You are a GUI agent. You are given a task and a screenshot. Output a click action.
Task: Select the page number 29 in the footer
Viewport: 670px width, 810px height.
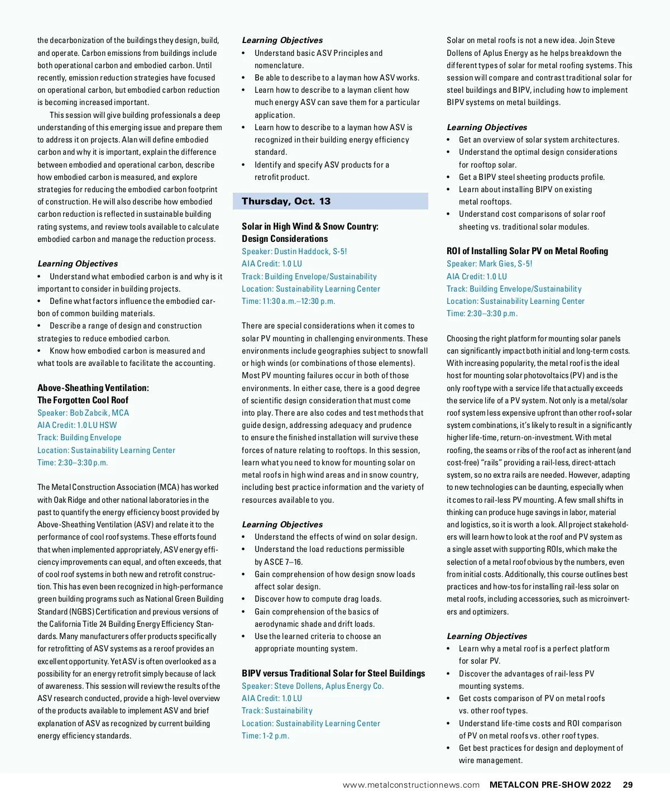[x=628, y=785]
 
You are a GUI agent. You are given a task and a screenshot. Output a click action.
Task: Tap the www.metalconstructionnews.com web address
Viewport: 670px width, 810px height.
[x=411, y=785]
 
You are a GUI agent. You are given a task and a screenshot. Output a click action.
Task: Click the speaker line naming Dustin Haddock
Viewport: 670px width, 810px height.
[x=294, y=251]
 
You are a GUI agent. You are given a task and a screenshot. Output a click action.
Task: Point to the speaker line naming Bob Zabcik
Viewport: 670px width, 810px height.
[x=83, y=413]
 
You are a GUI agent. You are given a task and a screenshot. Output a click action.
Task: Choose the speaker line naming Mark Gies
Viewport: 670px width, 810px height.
[x=489, y=264]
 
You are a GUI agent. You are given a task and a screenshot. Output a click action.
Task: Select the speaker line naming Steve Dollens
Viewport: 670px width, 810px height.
[x=313, y=686]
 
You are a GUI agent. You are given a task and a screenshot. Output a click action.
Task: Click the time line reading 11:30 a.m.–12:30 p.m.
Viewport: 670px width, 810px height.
[x=288, y=301]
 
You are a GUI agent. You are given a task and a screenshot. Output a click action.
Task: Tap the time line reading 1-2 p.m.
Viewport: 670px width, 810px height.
[x=265, y=736]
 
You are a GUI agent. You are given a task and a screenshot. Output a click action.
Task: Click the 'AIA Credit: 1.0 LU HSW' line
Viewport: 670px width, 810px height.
[x=77, y=425]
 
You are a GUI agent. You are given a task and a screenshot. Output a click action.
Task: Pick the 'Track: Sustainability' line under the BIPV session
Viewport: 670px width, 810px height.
[x=277, y=711]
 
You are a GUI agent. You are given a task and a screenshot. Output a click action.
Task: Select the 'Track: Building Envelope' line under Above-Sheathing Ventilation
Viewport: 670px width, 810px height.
[x=79, y=437]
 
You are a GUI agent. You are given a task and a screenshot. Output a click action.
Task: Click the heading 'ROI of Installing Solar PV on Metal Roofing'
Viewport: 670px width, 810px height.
[x=527, y=251]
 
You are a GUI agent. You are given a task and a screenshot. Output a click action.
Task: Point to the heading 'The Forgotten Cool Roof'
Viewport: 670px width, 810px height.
[x=83, y=400]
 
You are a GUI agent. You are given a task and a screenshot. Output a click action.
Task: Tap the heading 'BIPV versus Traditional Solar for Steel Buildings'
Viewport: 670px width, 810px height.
[x=333, y=673]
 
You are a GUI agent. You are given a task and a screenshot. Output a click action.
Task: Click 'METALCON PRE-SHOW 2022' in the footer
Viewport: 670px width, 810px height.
[x=550, y=785]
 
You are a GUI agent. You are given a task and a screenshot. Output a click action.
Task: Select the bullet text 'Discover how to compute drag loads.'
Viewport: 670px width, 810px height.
[x=318, y=599]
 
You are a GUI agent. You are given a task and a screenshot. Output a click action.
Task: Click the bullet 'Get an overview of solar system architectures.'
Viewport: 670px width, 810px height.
[x=539, y=140]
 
